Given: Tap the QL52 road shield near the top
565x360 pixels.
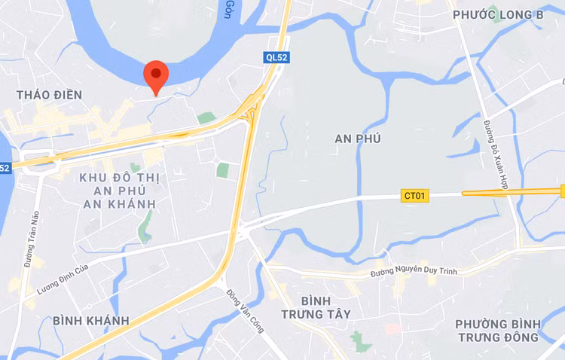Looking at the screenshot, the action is pos(276,57).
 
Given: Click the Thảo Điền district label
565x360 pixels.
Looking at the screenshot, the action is pos(50,95).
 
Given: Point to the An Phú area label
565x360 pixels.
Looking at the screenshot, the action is pos(358,139).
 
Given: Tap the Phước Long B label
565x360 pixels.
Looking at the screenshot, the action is pos(498,14).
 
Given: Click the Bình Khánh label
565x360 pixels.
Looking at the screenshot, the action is pos(90,321).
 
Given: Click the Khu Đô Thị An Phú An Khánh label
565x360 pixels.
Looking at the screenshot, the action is pos(119,191).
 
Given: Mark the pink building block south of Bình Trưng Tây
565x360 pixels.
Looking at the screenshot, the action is pos(392,329).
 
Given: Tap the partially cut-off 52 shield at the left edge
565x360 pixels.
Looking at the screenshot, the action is pos(5,168).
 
